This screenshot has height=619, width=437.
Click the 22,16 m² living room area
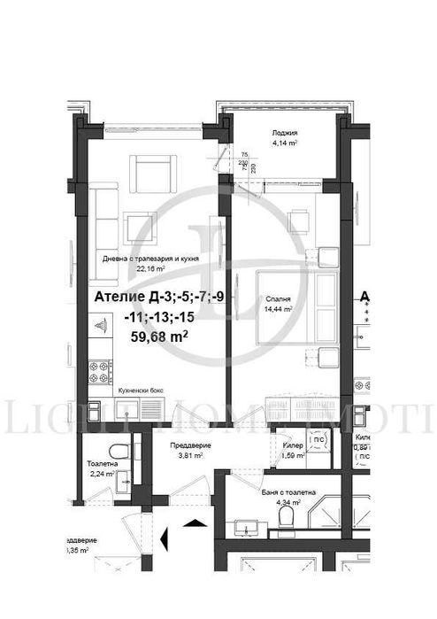(151, 269)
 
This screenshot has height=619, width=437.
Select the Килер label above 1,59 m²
(293, 447)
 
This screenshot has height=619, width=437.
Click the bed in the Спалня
(292, 309)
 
